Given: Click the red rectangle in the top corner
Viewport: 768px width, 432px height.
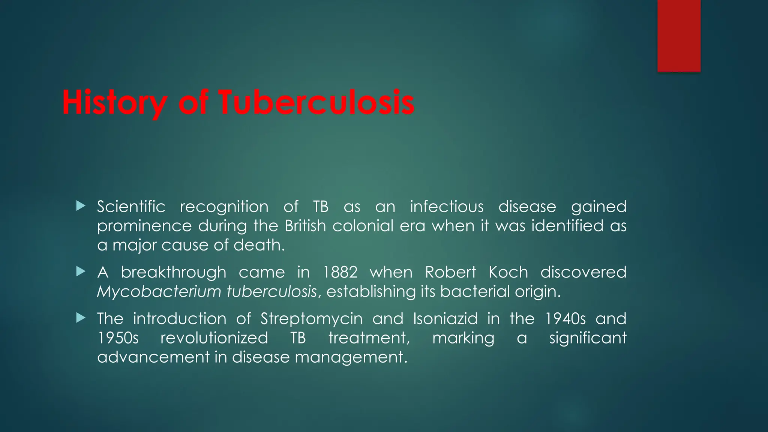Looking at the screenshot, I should pyautogui.click(x=679, y=36).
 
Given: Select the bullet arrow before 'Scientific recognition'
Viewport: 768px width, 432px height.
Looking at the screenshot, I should pyautogui.click(x=81, y=205).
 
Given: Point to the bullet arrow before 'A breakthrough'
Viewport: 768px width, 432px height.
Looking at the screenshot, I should pyautogui.click(x=81, y=271).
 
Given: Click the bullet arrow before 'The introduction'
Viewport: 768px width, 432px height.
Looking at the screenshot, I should pyautogui.click(x=81, y=318).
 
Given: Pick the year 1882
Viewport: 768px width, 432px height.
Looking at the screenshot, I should pyautogui.click(x=340, y=272).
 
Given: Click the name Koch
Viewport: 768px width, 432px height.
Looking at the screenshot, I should pyautogui.click(x=508, y=272).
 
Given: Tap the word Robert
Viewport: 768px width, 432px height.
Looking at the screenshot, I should pyautogui.click(x=450, y=272).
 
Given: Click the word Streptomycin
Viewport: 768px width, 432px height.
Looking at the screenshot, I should pyautogui.click(x=312, y=319).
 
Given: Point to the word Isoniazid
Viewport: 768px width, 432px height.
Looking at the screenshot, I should pyautogui.click(x=445, y=319).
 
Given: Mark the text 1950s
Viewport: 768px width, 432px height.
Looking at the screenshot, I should pyautogui.click(x=118, y=338).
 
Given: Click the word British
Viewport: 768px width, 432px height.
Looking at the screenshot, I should pyautogui.click(x=305, y=226).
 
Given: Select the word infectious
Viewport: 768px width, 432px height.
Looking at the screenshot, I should pyautogui.click(x=447, y=207).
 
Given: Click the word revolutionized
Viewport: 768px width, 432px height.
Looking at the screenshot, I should pyautogui.click(x=214, y=338).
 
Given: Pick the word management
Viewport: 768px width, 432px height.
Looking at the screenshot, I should pyautogui.click(x=351, y=357).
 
